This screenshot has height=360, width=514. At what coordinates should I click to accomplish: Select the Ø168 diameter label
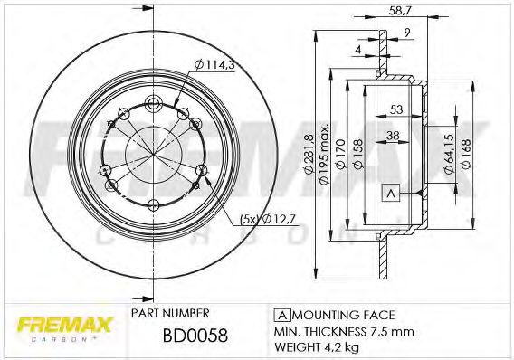point(466,149)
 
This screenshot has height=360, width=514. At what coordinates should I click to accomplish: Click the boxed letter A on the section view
point(391,193)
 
